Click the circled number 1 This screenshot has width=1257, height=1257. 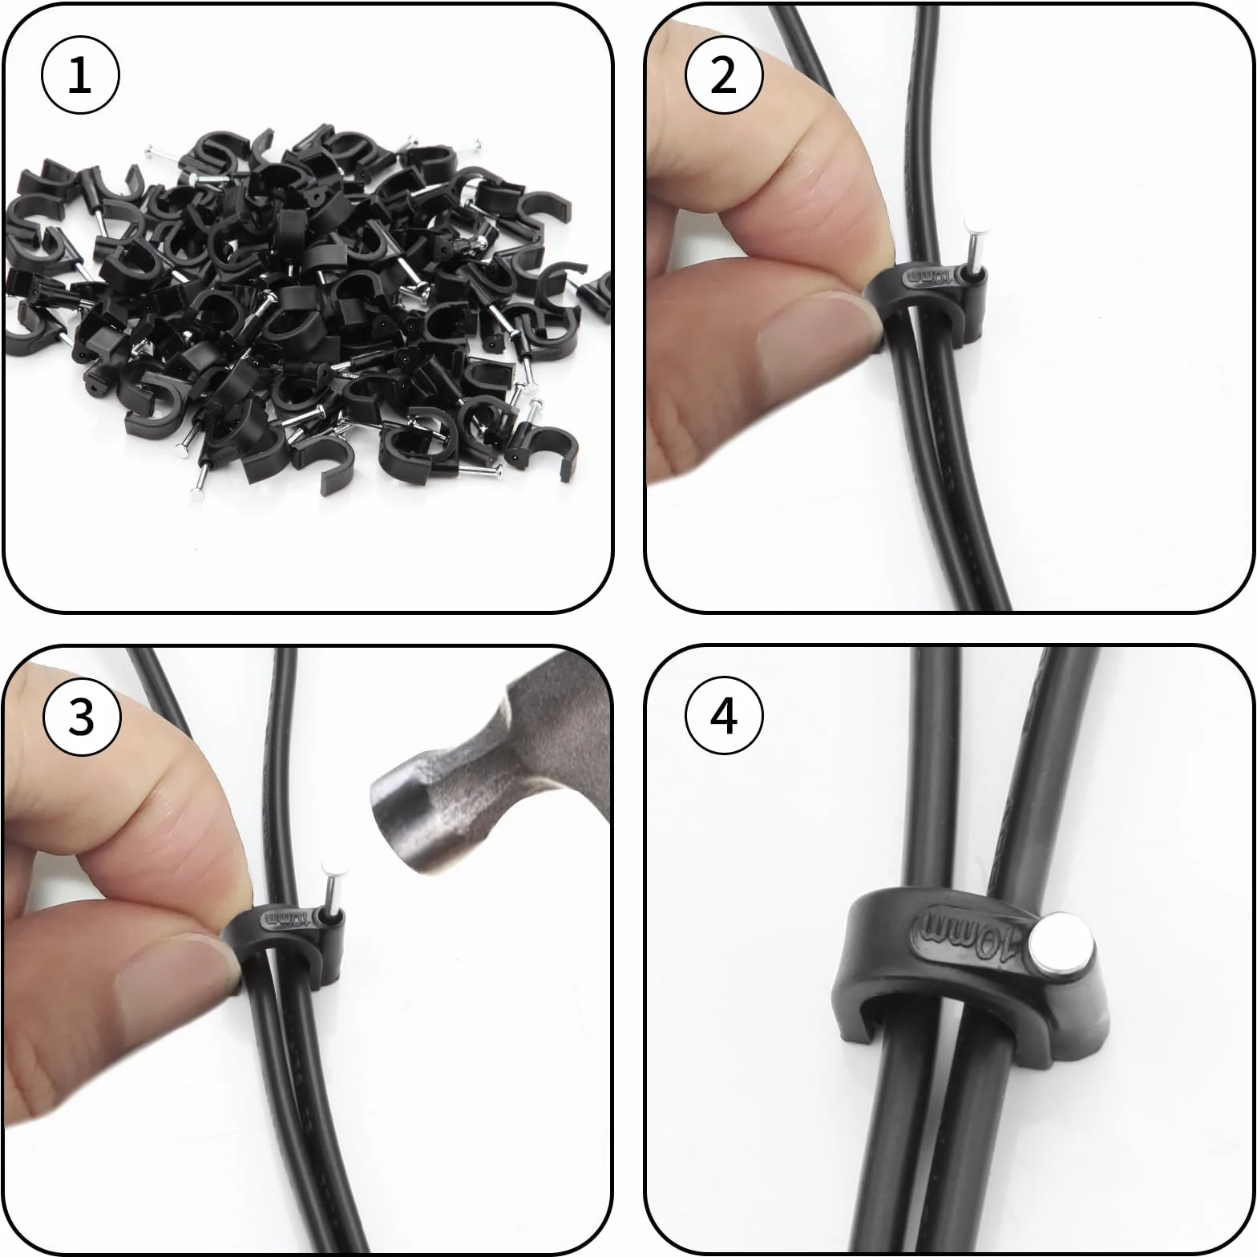(80, 77)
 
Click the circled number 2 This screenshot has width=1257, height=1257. (724, 77)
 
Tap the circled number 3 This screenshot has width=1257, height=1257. (81, 716)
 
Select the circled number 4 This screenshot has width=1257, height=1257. (724, 716)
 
